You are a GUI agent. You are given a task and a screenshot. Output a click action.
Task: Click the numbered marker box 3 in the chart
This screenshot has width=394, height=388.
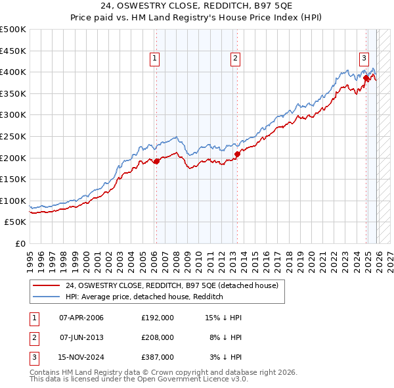pyautogui.click(x=363, y=57)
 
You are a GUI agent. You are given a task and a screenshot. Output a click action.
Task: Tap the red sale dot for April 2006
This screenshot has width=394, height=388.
pyautogui.click(x=156, y=161)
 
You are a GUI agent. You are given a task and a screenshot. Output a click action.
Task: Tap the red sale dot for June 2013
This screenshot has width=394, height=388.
pyautogui.click(x=237, y=155)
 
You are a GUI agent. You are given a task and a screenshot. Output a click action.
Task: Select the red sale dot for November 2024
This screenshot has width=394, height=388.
pyautogui.click(x=366, y=78)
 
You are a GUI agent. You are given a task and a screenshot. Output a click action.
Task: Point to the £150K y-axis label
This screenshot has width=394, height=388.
pyautogui.click(x=13, y=179)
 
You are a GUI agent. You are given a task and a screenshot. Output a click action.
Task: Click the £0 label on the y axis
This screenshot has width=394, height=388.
pyautogui.click(x=20, y=243)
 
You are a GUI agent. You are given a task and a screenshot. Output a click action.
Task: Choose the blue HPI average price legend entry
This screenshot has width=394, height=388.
pyautogui.click(x=144, y=297)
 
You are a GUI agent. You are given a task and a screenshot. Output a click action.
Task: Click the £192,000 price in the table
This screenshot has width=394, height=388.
pyautogui.click(x=158, y=318)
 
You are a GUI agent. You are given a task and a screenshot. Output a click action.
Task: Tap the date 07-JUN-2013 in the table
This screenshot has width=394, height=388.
pyautogui.click(x=81, y=337)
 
